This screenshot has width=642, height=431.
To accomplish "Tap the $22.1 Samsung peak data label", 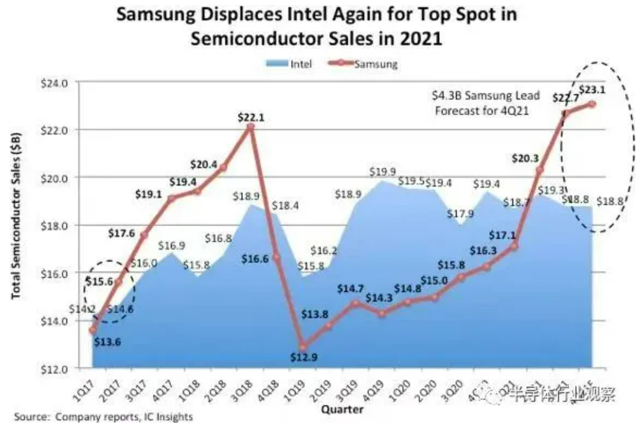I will click(x=251, y=117).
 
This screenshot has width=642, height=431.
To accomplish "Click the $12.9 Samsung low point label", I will click(x=303, y=357).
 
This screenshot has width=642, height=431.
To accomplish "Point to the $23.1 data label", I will click(x=592, y=89).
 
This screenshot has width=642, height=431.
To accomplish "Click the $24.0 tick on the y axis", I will click(x=54, y=83).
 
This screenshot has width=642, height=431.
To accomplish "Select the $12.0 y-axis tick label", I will click(x=54, y=369).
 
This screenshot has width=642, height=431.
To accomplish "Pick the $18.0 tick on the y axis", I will click(x=54, y=226).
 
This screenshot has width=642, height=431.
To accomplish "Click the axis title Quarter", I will click(x=342, y=409).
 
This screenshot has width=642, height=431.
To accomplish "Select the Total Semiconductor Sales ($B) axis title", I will click(x=16, y=215).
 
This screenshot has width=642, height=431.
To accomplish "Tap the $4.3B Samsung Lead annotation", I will click(x=485, y=95).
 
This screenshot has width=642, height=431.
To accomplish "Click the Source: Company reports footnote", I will click(x=103, y=417).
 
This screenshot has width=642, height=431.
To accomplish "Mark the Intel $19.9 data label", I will click(x=382, y=171).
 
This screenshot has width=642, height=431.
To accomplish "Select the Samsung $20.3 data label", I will click(x=525, y=158).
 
